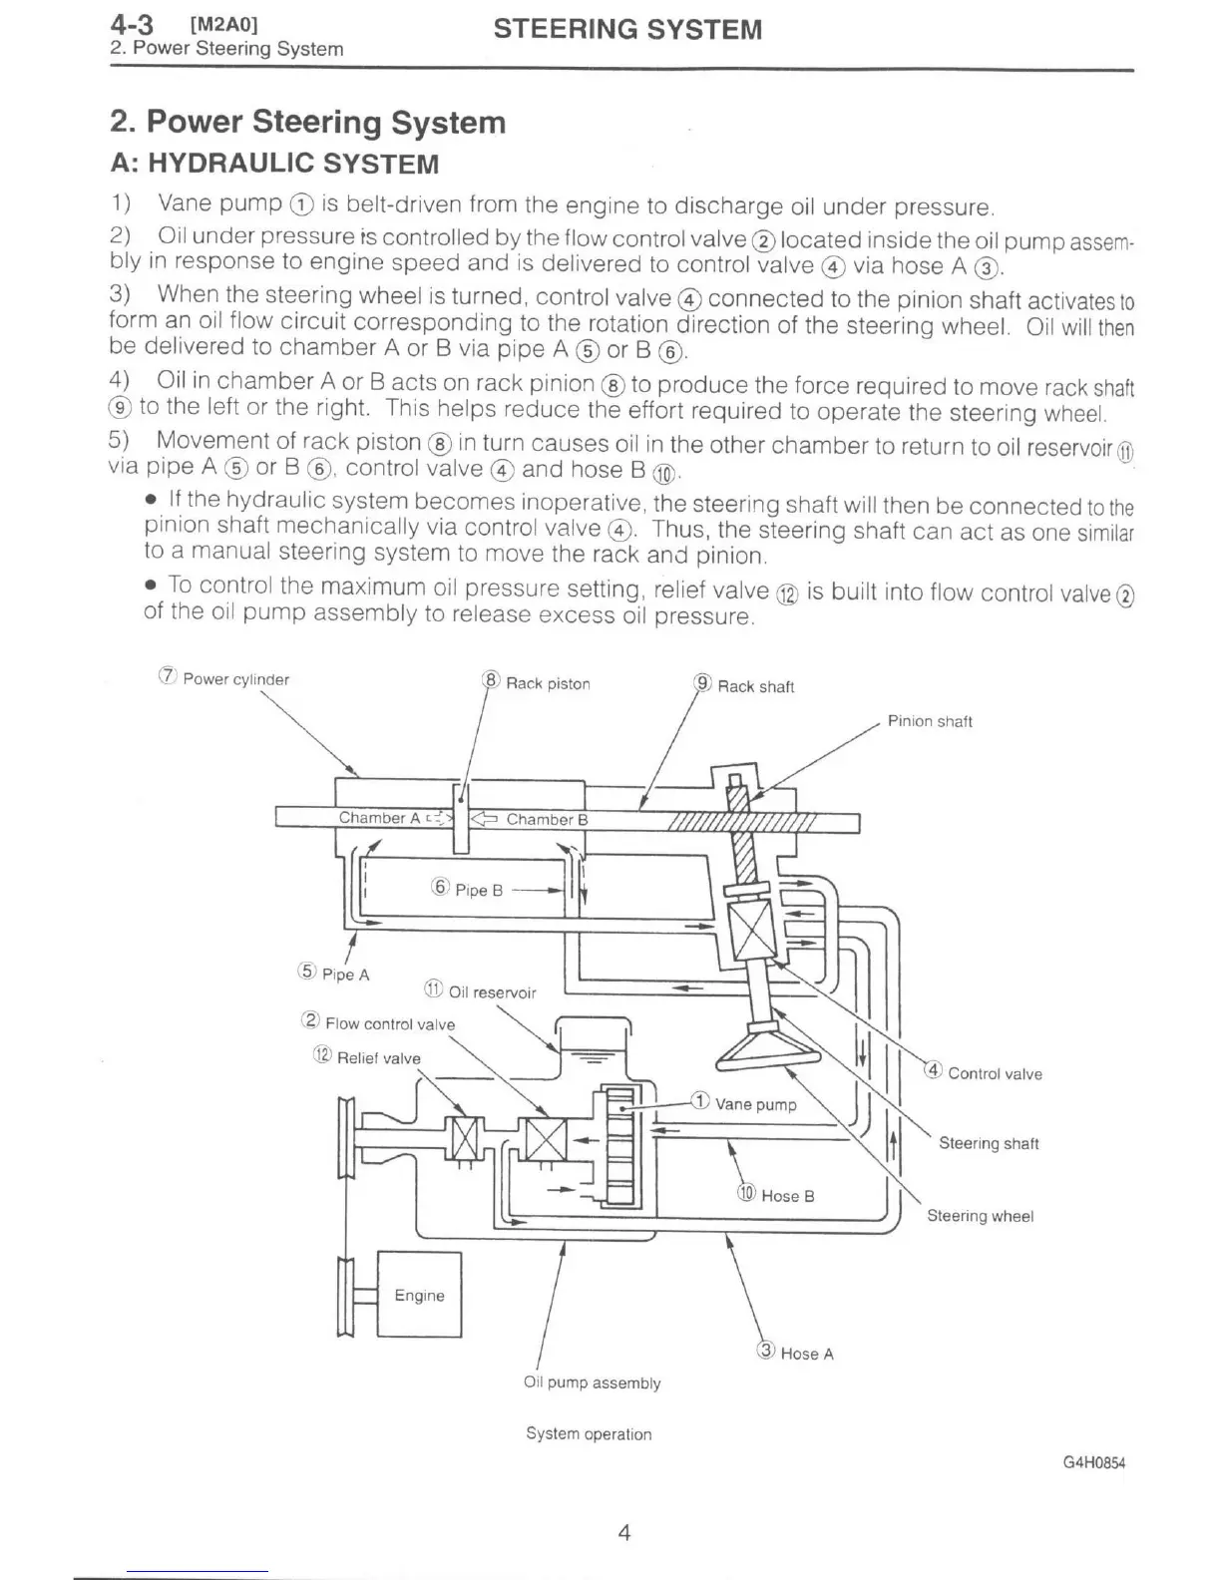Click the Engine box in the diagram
419,1295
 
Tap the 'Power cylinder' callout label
235,680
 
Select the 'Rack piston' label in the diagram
547,683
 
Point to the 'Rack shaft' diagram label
755,686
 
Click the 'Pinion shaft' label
930,721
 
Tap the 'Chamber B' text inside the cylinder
547,820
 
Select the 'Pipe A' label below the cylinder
344,975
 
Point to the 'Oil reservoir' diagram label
491,992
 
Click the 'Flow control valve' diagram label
389,1024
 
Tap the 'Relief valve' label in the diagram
378,1058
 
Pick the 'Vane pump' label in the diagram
755,1104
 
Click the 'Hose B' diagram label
786,1196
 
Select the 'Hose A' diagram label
806,1354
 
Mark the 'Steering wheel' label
980,1216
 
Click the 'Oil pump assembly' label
592,1383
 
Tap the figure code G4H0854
1093,1463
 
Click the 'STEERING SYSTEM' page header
627,30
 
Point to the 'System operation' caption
589,1434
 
